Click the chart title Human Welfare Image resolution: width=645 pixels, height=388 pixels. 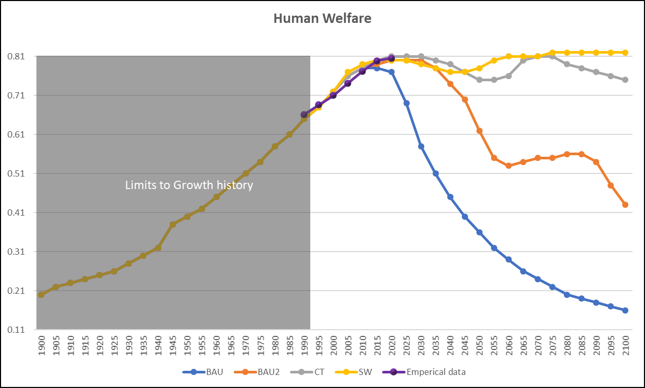(322, 19)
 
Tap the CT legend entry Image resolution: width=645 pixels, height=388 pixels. (319, 372)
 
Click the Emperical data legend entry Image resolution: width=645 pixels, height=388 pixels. (433, 372)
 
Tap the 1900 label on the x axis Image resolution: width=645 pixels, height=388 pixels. (41, 345)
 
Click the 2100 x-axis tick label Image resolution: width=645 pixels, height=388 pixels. (625, 345)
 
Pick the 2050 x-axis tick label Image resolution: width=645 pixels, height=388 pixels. (479, 345)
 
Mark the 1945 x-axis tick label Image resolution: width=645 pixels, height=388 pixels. (173, 345)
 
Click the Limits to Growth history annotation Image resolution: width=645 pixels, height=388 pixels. (189, 185)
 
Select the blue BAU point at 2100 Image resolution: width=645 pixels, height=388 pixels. (625, 310)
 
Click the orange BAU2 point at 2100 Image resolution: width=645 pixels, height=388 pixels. (625, 205)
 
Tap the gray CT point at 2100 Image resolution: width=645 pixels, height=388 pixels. (625, 80)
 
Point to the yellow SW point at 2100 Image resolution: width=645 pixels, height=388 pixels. (625, 53)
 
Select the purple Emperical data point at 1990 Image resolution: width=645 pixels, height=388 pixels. (304, 115)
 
